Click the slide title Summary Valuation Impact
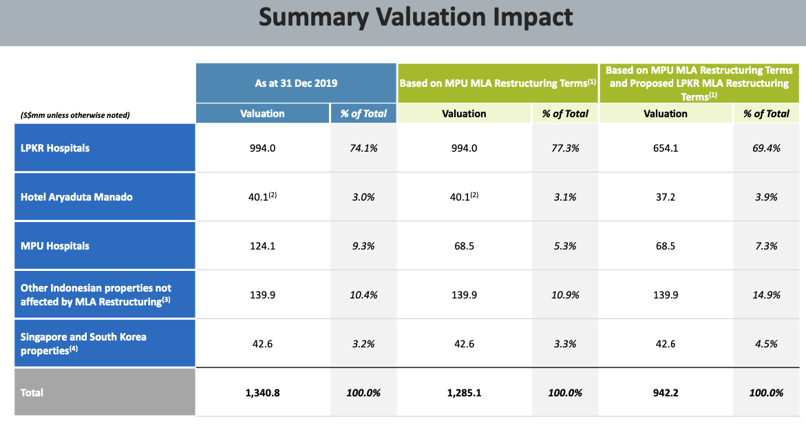[416, 18]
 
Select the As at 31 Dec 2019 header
[296, 83]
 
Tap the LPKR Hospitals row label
[55, 148]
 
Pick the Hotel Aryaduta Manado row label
[76, 197]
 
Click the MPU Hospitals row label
[55, 246]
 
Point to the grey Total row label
[32, 392]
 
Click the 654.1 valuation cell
[665, 148]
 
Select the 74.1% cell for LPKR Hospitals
[363, 148]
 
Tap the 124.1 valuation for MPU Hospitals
[262, 246]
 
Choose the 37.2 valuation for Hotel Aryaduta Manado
[665, 197]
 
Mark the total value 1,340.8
[262, 392]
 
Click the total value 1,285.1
[464, 392]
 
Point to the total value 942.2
[665, 392]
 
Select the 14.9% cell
[766, 295]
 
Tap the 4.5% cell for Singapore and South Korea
[766, 344]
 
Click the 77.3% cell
[565, 148]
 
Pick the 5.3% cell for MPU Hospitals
[565, 246]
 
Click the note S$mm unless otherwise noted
[75, 115]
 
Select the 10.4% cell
[363, 295]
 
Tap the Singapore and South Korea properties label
[83, 343]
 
